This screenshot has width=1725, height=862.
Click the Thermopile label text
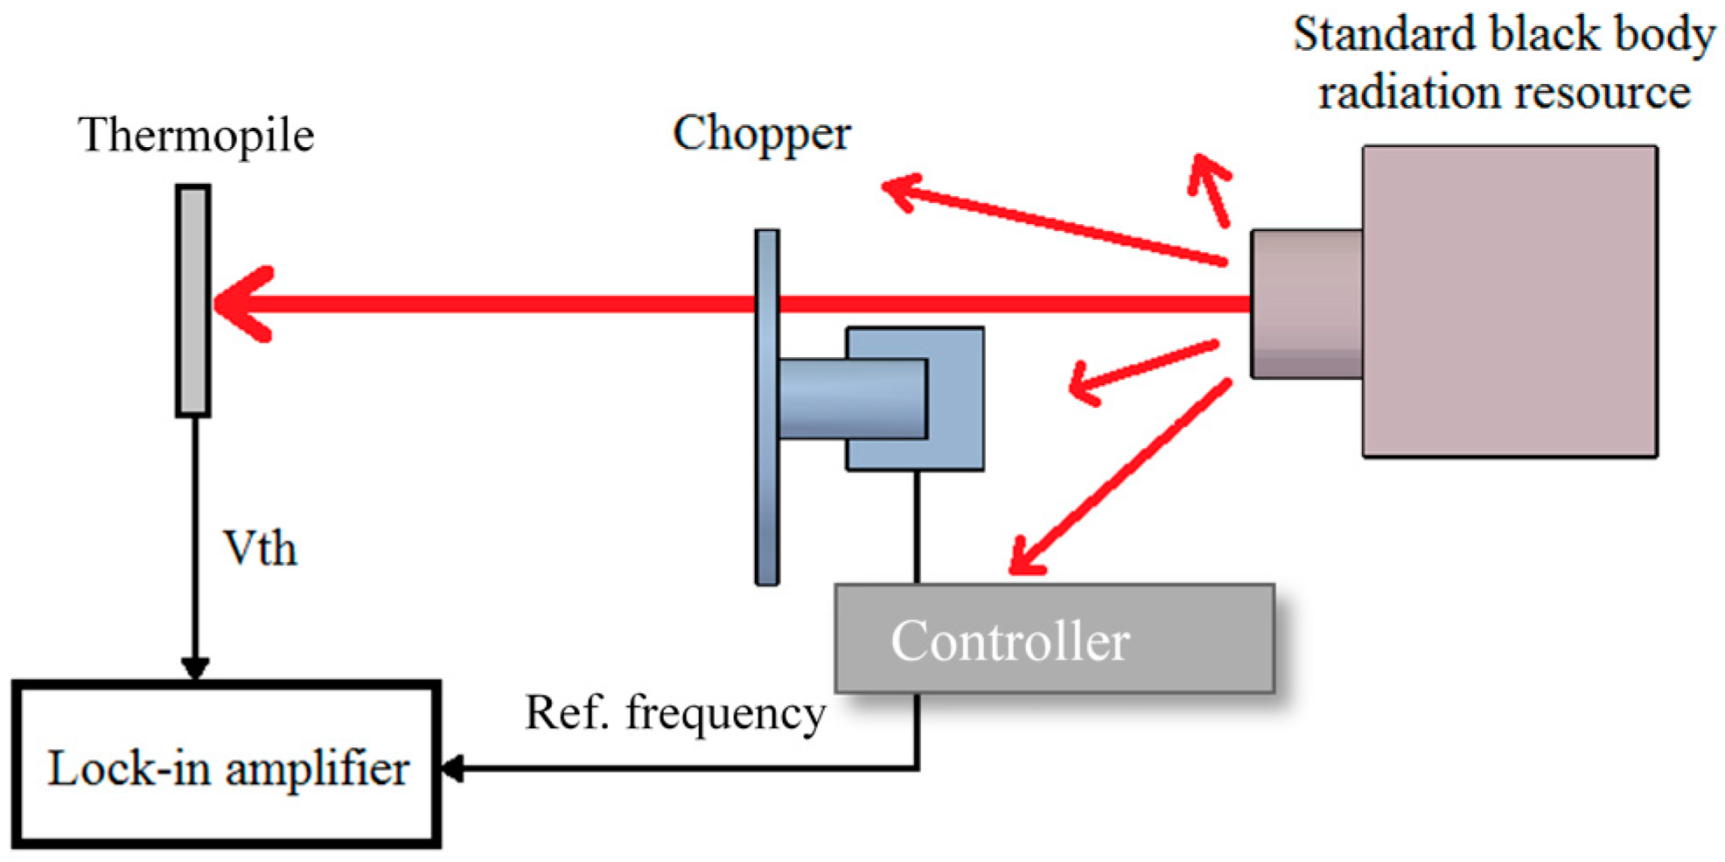point(195,136)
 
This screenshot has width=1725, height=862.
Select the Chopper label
point(761,134)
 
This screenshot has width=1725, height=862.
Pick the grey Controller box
point(1053,639)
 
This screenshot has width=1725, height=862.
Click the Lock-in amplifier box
point(227,766)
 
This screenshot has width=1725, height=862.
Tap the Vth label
point(260,549)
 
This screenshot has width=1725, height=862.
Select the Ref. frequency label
point(674,712)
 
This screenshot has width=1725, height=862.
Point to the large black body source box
point(1509,301)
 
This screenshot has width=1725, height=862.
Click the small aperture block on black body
point(1306,304)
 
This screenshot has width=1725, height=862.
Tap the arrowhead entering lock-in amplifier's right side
point(452,768)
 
